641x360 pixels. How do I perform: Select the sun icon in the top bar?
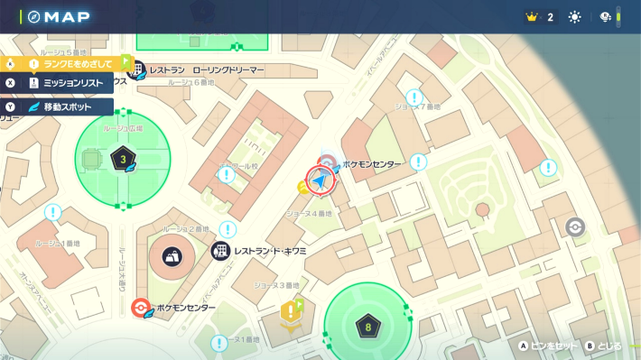[x=575, y=17]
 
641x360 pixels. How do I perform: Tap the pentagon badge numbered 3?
[x=123, y=161]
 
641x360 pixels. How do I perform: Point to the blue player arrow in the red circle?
[x=320, y=181]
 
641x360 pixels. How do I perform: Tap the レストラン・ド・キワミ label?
[x=270, y=250]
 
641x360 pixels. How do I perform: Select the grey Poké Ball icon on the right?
[x=574, y=226]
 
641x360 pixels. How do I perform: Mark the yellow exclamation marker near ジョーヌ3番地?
[x=290, y=312]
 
